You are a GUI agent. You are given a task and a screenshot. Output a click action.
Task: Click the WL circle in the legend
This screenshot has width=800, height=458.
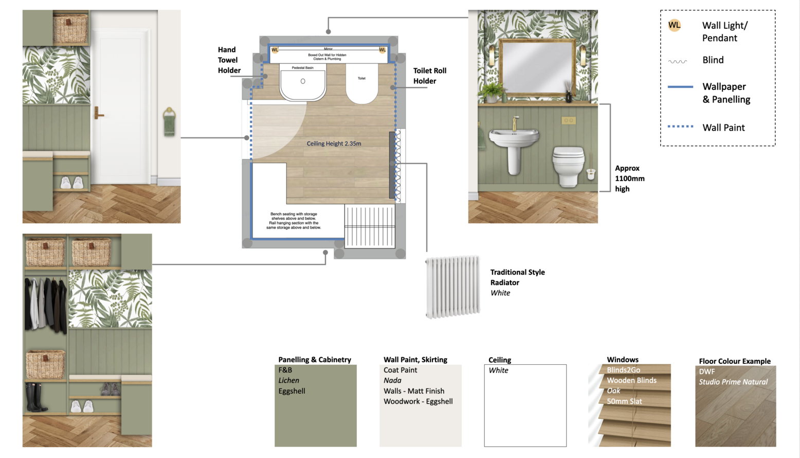[x=674, y=25]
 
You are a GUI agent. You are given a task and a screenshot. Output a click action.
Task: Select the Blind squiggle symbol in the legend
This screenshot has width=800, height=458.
[x=678, y=61]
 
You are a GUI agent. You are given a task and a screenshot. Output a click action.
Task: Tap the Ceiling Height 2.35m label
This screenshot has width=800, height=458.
[x=334, y=144]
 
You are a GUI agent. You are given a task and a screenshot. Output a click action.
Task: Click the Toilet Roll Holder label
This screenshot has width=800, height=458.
[x=429, y=76]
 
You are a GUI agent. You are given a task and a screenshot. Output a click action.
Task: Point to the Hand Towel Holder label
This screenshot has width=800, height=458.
[x=229, y=60]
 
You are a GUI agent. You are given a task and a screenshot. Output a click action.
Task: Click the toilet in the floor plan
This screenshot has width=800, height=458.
[x=362, y=84]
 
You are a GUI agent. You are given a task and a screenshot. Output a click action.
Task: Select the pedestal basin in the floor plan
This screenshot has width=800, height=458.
[x=303, y=82]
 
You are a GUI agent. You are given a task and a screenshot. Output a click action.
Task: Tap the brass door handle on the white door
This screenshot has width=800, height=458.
[x=98, y=114]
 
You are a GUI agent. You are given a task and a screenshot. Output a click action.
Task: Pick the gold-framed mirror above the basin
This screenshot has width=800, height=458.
[x=537, y=68]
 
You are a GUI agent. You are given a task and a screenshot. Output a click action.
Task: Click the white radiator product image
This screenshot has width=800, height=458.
[x=452, y=287]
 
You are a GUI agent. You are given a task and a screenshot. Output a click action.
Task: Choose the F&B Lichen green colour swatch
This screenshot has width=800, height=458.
[x=315, y=412]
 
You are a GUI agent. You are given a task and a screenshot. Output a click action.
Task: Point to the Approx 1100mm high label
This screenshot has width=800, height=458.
[x=629, y=179]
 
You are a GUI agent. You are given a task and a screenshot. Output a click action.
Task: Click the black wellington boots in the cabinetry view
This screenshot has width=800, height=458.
[x=35, y=398]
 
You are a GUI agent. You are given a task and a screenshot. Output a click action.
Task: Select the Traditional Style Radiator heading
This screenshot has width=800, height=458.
[x=517, y=277]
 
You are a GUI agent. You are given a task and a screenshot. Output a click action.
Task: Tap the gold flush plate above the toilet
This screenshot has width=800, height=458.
[x=568, y=120]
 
